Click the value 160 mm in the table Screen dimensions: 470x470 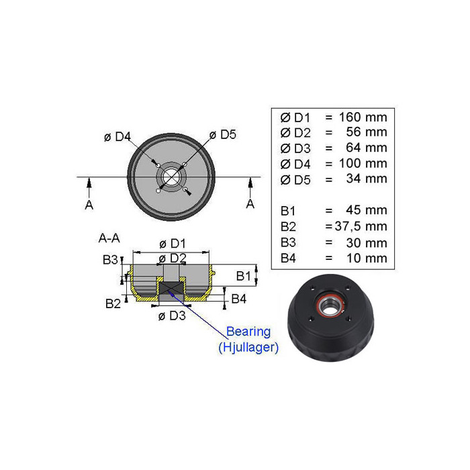click(363, 117)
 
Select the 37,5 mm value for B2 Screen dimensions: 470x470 click(361, 226)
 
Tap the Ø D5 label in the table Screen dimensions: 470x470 click(295, 180)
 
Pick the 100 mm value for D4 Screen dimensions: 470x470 click(363, 164)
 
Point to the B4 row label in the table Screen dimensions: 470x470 click(288, 258)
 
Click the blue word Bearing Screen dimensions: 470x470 click(248, 332)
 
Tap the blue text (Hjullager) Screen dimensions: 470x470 click(248, 347)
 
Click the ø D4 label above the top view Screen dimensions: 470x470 click(117, 137)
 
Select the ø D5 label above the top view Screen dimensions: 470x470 click(223, 134)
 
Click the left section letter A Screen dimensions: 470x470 click(89, 205)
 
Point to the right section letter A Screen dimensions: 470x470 click(250, 204)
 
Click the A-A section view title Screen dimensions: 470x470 click(109, 238)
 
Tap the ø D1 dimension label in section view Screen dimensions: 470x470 click(173, 244)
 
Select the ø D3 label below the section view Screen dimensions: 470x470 click(172, 316)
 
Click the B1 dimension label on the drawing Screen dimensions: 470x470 click(243, 276)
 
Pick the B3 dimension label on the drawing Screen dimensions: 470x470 click(110, 260)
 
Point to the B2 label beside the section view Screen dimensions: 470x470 click(113, 303)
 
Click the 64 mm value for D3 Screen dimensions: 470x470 click(367, 148)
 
